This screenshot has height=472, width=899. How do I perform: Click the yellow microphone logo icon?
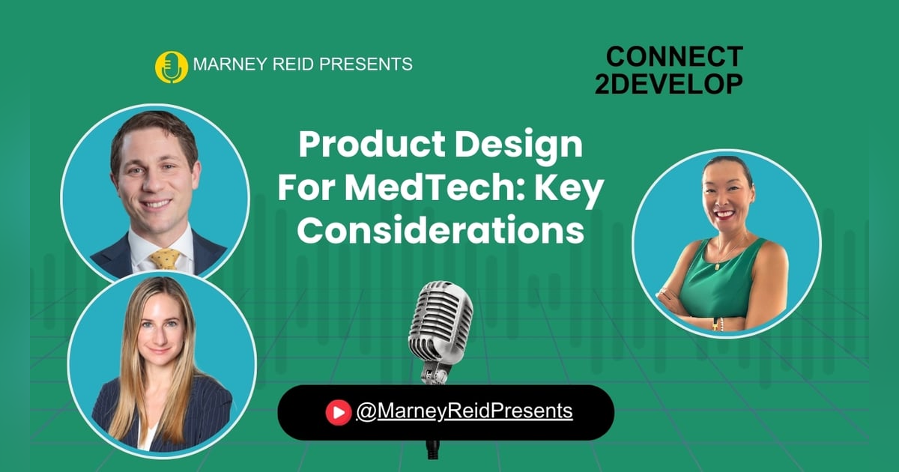170,66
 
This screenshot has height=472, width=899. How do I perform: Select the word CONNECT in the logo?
674,57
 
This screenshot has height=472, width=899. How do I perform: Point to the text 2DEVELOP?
669,84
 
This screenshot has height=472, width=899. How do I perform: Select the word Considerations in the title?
441,231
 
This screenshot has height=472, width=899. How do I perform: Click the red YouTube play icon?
339,411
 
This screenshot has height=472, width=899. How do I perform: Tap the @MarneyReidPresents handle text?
464,411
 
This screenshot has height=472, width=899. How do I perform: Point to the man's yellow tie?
165,259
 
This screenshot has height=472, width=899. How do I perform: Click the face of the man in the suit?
154,175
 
